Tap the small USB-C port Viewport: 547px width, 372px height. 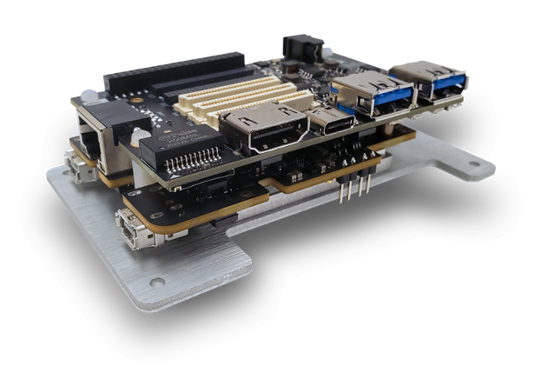pyautogui.click(x=334, y=121)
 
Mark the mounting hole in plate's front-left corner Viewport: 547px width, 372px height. pyautogui.click(x=156, y=282)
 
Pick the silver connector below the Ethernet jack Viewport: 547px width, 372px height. pyautogui.click(x=79, y=166)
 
